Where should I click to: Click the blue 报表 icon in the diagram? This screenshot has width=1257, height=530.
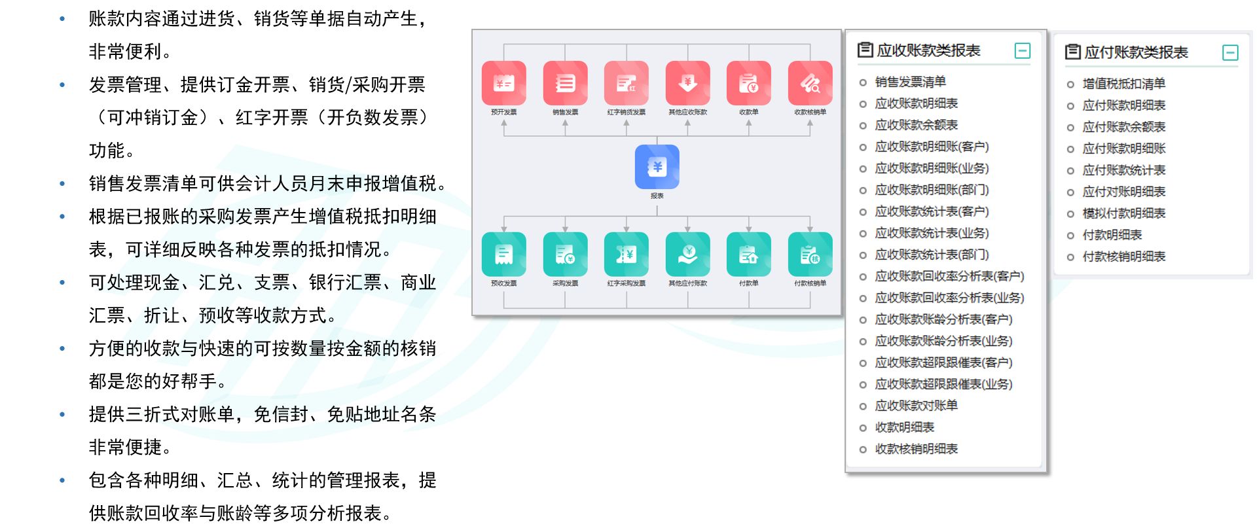[x=657, y=167]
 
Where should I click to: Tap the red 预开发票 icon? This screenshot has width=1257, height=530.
[x=503, y=83]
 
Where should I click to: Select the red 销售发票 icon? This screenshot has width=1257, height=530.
[x=565, y=83]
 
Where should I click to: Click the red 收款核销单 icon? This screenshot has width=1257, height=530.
[x=810, y=83]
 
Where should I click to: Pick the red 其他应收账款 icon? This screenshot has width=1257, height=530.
[x=687, y=83]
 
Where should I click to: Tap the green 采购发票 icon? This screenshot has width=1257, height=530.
[x=565, y=255]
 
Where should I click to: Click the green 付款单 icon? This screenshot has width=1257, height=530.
[x=748, y=255]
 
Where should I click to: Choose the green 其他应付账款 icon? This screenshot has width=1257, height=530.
[x=687, y=255]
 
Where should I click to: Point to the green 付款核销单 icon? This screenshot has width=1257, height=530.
[x=810, y=255]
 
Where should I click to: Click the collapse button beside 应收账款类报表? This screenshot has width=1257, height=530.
[x=1022, y=51]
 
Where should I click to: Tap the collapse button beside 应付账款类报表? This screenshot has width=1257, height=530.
[x=1230, y=53]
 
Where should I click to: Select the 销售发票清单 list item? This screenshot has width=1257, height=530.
[x=910, y=82]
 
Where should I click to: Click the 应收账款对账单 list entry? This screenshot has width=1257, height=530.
[x=916, y=406]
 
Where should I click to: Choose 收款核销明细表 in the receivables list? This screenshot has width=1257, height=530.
[x=916, y=449]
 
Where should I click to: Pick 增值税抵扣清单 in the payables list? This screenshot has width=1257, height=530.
[x=1123, y=84]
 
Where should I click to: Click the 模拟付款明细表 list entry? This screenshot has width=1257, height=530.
[x=1123, y=213]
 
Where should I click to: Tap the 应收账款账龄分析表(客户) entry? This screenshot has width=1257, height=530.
[x=943, y=319]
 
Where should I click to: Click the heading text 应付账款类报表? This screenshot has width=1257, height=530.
[x=1136, y=53]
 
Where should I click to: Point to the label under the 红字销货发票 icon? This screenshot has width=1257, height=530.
[x=626, y=113]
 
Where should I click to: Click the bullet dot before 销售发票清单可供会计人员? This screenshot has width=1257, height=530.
[x=62, y=184]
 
